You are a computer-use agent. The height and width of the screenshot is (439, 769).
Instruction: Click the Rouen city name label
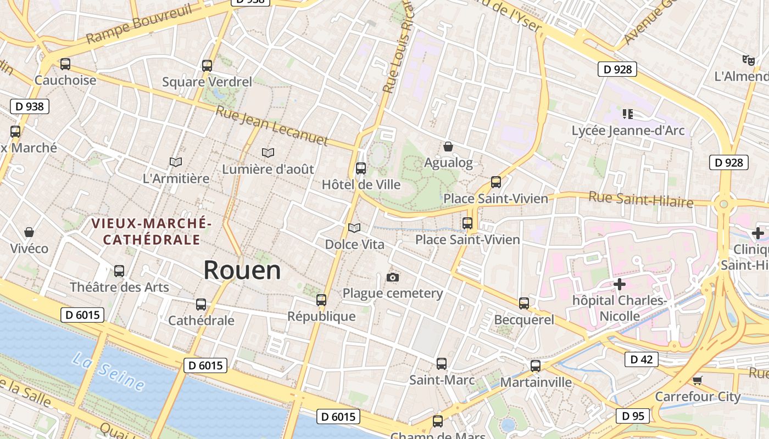point(242,270)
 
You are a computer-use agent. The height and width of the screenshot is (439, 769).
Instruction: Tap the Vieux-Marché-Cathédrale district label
point(152,232)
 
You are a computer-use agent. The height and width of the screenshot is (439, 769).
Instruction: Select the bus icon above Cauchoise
point(65,64)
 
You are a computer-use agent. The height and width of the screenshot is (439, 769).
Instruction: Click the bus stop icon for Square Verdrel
point(207,66)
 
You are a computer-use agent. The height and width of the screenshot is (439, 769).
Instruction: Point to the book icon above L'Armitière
point(176,162)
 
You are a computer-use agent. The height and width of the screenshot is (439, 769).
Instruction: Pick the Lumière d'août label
point(268,169)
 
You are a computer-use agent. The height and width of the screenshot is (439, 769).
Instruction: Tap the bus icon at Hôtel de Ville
point(361,168)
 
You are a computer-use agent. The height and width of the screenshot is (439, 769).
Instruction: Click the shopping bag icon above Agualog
point(448,147)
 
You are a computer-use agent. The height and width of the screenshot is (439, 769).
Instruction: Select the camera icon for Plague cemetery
point(392,277)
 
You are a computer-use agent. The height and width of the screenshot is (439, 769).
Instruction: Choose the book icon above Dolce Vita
point(354,227)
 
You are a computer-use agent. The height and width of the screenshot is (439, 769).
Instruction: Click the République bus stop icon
point(321,300)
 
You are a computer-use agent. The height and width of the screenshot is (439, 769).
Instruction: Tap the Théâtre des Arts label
point(119,287)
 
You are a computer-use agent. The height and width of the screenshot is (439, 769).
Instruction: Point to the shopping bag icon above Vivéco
point(29,232)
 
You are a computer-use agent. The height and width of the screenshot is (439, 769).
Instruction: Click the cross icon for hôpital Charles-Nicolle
point(620,284)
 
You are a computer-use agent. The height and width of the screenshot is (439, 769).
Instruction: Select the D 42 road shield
point(641,359)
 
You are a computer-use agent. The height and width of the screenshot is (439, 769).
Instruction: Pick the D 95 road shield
point(632,416)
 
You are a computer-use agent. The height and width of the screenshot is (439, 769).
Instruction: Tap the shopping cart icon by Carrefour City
point(698,380)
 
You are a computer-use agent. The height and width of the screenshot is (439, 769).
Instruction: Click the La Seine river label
point(108,373)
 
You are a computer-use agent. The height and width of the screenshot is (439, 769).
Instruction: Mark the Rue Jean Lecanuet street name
point(272,126)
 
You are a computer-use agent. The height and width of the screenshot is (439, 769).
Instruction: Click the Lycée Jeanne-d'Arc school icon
point(628,114)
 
